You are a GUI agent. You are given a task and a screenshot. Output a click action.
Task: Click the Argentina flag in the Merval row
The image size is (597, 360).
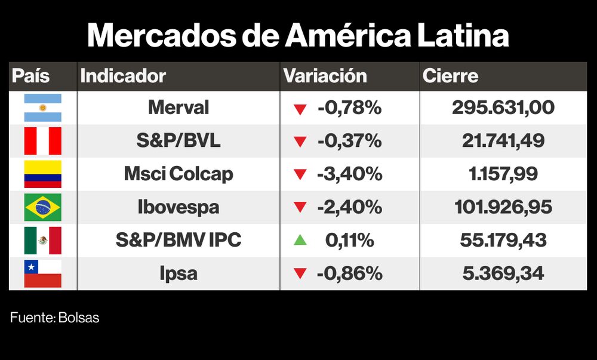(x=42, y=108)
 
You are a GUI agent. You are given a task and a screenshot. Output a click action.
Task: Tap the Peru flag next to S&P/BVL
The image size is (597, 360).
(x=42, y=141)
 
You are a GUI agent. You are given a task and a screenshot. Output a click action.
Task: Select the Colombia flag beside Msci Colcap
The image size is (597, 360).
(x=42, y=174)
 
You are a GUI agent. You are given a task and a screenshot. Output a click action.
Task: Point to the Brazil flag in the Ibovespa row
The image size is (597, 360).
(x=42, y=207)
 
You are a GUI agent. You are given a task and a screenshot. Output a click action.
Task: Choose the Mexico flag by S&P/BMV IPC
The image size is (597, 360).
(x=42, y=241)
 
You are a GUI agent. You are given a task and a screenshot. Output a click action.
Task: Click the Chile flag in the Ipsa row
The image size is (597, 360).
(x=42, y=273)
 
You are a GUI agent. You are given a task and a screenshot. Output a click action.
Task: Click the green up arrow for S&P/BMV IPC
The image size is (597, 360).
(x=300, y=240)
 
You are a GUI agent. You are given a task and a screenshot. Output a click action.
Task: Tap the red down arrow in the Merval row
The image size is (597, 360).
(x=300, y=109)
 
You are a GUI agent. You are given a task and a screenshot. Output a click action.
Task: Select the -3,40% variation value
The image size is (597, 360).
(x=349, y=174)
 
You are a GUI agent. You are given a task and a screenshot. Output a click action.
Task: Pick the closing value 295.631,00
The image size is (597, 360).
(x=503, y=108)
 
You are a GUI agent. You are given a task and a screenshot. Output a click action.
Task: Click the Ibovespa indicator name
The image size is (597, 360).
(x=179, y=207)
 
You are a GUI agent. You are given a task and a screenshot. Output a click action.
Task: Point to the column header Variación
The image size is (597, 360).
(x=325, y=76)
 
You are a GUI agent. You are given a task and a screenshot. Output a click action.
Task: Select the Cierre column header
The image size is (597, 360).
(x=450, y=76)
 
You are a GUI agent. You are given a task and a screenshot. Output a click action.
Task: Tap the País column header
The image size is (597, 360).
(x=31, y=76)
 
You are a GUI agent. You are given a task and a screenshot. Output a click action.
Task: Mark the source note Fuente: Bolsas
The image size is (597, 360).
(x=54, y=318)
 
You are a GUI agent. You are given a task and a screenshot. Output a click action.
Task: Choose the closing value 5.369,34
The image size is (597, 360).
(x=503, y=273)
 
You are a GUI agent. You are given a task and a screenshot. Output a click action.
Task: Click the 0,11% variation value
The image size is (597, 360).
(x=349, y=241)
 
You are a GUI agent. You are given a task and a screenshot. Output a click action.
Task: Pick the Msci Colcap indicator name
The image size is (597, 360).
(x=179, y=174)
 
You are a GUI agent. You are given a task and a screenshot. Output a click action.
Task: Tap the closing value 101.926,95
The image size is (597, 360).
(x=503, y=207)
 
